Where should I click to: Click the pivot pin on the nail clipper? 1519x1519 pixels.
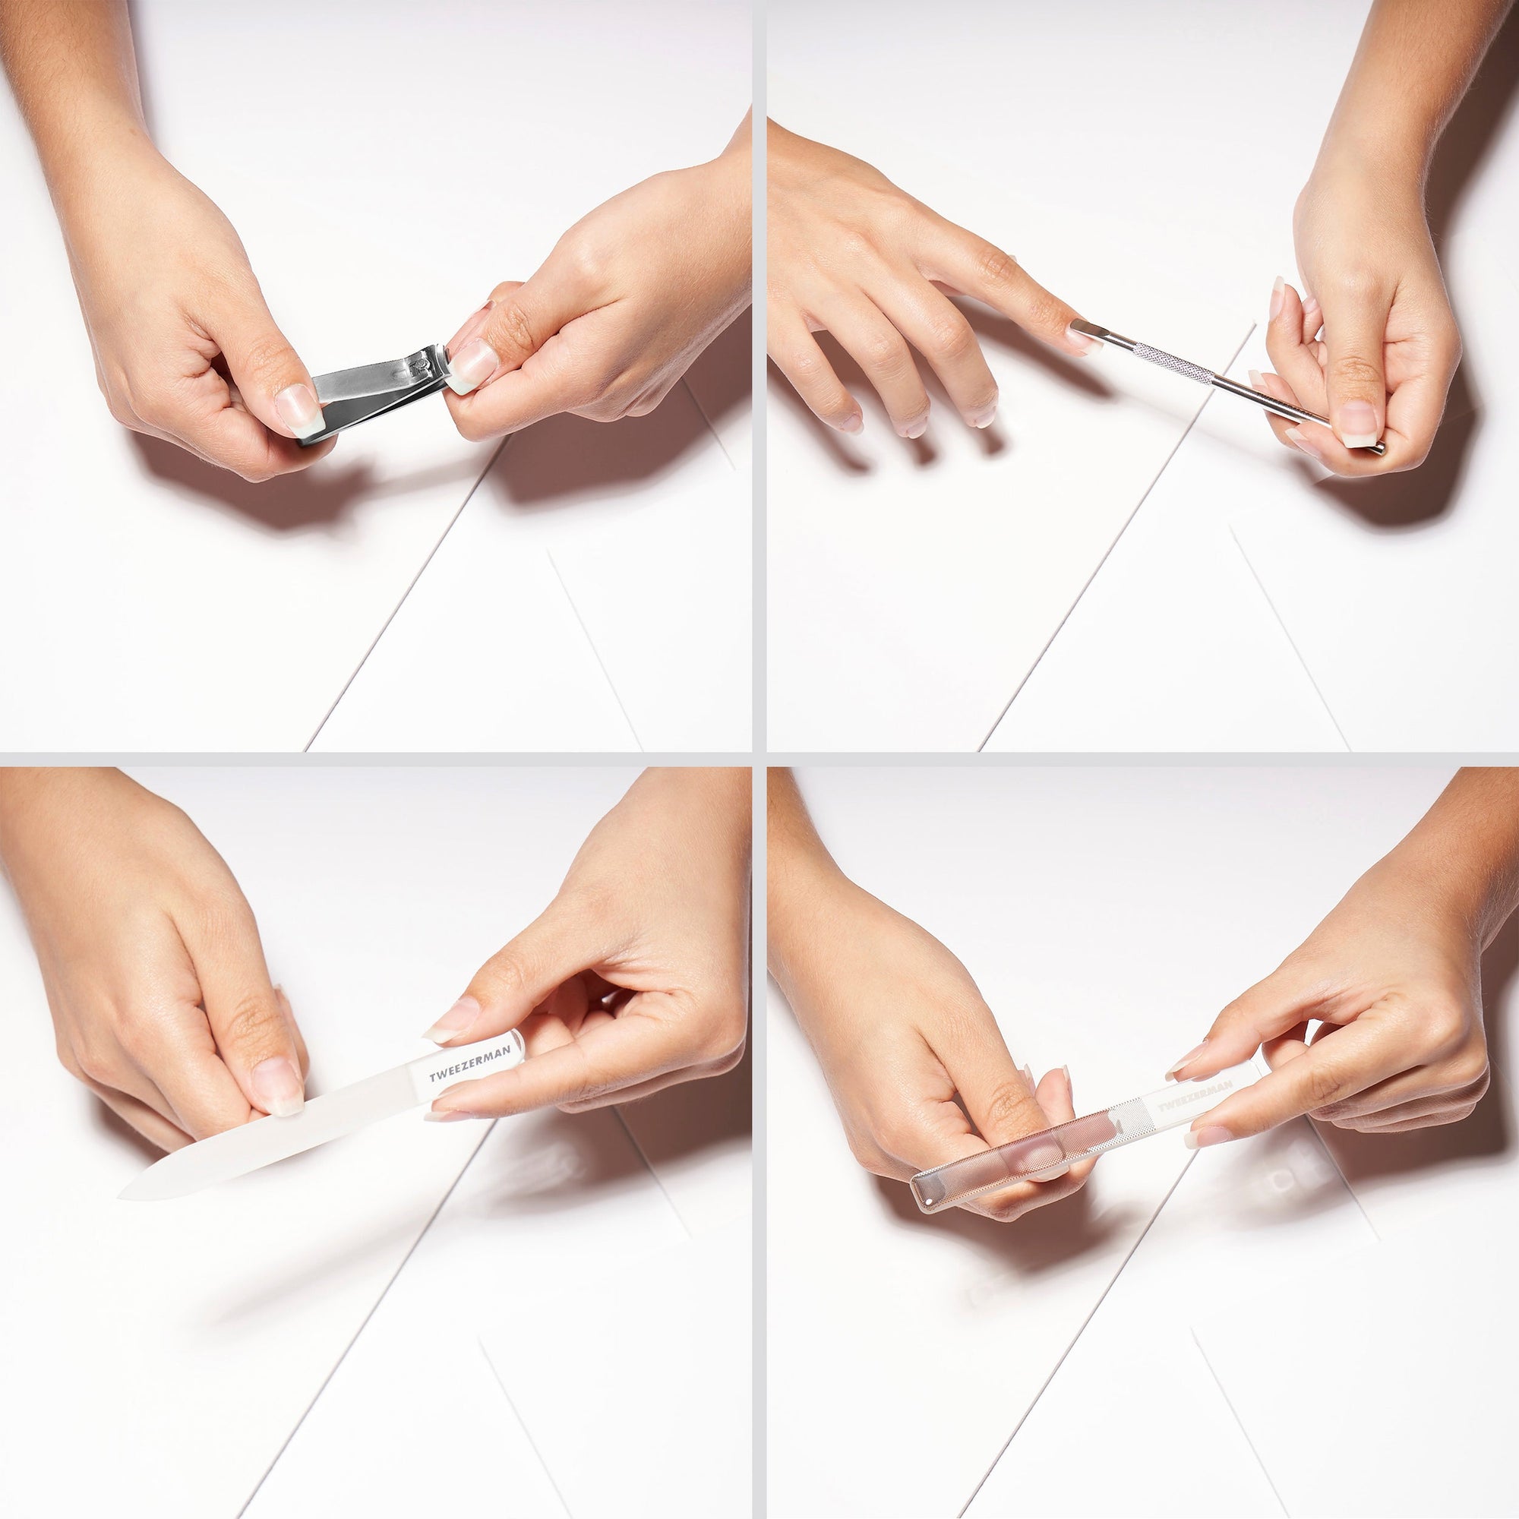[x=423, y=363]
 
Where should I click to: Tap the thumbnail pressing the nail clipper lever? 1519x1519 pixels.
[x=301, y=409]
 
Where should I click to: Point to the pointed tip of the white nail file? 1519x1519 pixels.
[x=126, y=1194]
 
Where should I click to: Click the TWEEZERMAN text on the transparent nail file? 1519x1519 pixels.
[x=1194, y=1095]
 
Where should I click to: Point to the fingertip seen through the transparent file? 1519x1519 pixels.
[x=1022, y=1156]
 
